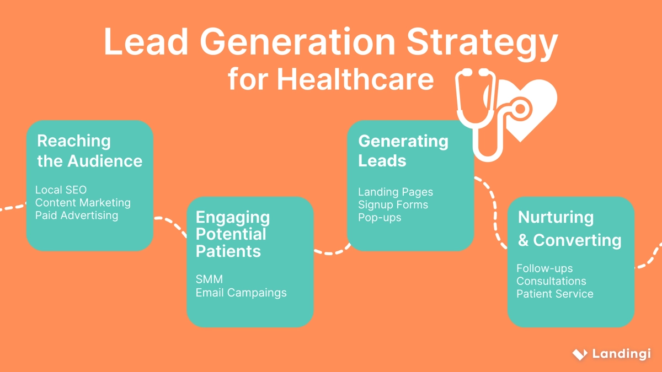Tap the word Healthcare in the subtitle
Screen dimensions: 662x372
355,79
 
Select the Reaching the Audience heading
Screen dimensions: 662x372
89,151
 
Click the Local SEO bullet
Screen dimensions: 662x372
61,190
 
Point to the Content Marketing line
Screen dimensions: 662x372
83,203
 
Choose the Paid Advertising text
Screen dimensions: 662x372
77,215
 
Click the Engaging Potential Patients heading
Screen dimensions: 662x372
233,234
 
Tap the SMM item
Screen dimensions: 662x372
209,279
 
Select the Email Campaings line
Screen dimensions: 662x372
241,293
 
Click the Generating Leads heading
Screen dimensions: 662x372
403,151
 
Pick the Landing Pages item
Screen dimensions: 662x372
396,192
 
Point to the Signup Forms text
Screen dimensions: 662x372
393,205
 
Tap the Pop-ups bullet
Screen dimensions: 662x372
380,218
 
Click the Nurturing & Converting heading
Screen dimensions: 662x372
569,229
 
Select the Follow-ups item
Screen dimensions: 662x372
544,269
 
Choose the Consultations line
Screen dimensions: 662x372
551,282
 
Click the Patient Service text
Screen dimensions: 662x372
555,294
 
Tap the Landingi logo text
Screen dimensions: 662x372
622,354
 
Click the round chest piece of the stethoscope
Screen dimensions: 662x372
520,109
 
